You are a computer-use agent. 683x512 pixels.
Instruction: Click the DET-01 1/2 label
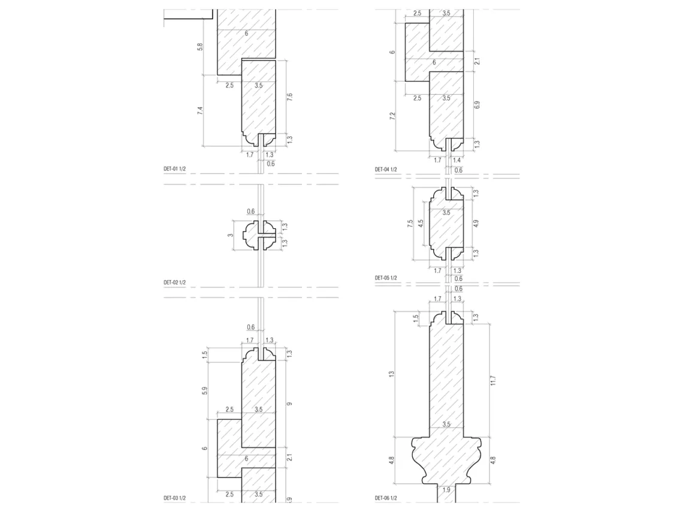tap(175, 168)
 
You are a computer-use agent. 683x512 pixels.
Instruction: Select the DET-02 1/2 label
tap(175, 283)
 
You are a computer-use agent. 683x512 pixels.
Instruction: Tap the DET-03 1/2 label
tap(175, 498)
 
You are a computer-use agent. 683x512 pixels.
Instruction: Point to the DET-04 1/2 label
tap(386, 169)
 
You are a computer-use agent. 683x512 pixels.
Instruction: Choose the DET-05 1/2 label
tap(386, 278)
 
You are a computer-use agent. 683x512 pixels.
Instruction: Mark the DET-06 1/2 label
tap(386, 498)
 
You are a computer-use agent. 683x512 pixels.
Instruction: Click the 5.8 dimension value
tap(200, 47)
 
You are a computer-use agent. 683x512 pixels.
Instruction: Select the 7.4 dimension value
tap(200, 111)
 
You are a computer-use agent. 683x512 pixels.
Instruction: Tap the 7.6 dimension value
tap(289, 96)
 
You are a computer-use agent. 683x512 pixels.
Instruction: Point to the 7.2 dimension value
tap(392, 116)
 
